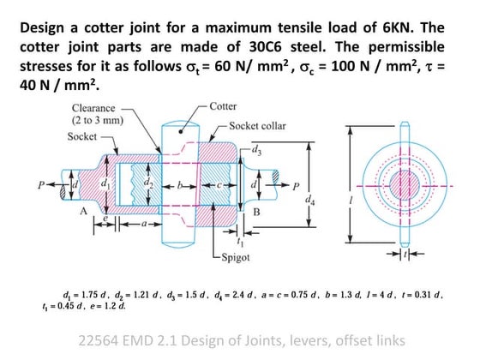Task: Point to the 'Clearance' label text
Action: tap(94, 109)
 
